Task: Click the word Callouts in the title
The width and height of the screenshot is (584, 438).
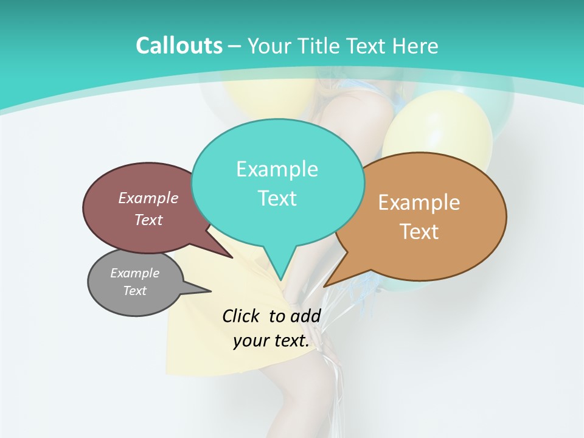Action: pyautogui.click(x=179, y=46)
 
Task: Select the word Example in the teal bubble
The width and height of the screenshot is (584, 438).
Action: pyautogui.click(x=277, y=169)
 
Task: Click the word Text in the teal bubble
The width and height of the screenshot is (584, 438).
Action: pyautogui.click(x=277, y=198)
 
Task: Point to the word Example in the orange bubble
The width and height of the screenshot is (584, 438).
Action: pyautogui.click(x=419, y=203)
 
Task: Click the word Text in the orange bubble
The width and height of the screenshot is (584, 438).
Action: pyautogui.click(x=419, y=232)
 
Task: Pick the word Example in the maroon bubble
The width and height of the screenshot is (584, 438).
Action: pyautogui.click(x=148, y=198)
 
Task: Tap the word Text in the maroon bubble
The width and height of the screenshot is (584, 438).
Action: pyautogui.click(x=148, y=220)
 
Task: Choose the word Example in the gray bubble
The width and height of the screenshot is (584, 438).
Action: pyautogui.click(x=134, y=273)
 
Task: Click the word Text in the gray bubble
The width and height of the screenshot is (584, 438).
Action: pyautogui.click(x=134, y=291)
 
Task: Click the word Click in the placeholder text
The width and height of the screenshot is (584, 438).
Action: pyautogui.click(x=242, y=316)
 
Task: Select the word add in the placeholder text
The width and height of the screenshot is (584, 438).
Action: pyautogui.click(x=305, y=316)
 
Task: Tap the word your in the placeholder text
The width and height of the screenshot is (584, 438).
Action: pyautogui.click(x=250, y=341)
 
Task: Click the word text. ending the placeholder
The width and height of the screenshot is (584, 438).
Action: pyautogui.click(x=290, y=341)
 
